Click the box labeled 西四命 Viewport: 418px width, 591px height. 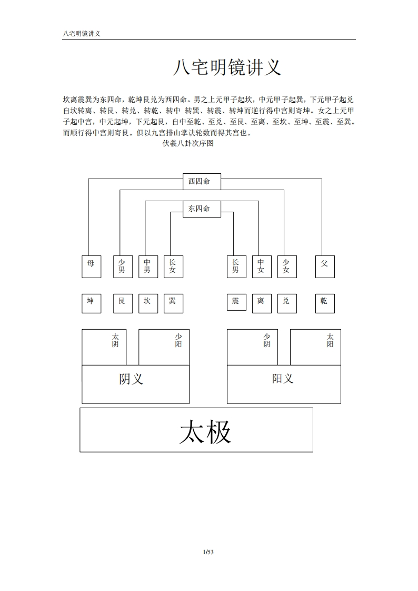[x=202, y=182]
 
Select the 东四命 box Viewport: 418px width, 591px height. [x=202, y=209]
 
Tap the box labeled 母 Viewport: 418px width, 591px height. [x=92, y=267]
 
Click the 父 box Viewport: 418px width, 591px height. [x=325, y=267]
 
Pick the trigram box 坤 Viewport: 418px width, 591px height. [x=92, y=303]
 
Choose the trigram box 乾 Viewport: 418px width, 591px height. [x=325, y=303]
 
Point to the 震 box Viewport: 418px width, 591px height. [x=236, y=302]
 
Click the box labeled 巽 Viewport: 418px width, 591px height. [x=174, y=303]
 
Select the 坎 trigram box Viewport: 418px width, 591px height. [x=148, y=303]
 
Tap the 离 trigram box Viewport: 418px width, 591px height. [x=262, y=303]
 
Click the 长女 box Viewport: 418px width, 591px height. [x=174, y=267]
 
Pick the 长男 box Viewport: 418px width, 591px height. [x=236, y=267]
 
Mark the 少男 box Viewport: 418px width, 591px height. [x=123, y=267]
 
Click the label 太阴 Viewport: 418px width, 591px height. [x=115, y=340]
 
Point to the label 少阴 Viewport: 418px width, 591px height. [x=266, y=340]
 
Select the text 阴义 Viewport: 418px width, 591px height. [x=132, y=379]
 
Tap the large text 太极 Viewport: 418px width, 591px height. [x=205, y=432]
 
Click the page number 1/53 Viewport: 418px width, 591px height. [x=208, y=552]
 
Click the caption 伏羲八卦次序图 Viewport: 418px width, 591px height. [x=188, y=143]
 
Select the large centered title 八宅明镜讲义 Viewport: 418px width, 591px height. [x=227, y=67]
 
